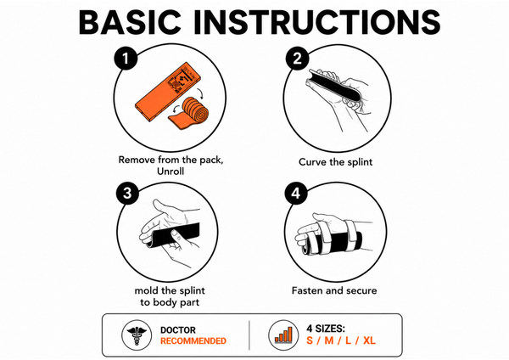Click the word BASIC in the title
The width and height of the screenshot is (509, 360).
tap(130, 22)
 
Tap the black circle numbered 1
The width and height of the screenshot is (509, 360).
tap(126, 59)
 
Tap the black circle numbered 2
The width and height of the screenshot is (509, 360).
tap(298, 59)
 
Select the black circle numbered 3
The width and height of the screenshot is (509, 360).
tap(127, 194)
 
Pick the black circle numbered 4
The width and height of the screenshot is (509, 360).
tap(296, 194)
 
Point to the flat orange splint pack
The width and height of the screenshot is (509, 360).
tap(167, 92)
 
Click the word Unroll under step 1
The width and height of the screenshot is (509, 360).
tap(171, 172)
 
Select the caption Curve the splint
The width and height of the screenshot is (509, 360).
tap(335, 162)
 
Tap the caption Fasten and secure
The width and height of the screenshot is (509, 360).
tap(334, 290)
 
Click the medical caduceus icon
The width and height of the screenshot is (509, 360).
tap(137, 335)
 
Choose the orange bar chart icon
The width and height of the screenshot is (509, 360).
tap(283, 335)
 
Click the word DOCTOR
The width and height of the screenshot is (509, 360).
tap(178, 330)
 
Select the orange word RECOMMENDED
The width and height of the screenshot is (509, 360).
tap(193, 340)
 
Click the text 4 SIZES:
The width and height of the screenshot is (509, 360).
tap(326, 329)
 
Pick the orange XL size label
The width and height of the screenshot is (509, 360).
tap(369, 340)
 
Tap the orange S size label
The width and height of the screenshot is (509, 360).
tap(310, 340)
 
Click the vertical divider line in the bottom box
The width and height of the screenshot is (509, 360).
tap(249, 335)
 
